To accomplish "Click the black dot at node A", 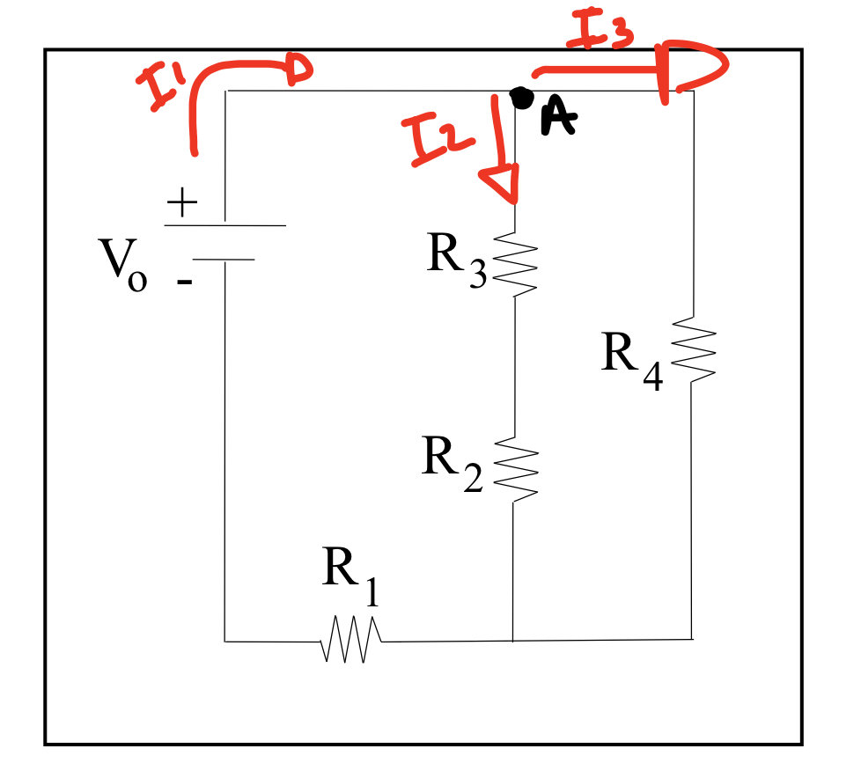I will coord(521,99).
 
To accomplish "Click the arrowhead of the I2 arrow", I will coord(500,186).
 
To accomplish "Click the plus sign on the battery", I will coord(181,204).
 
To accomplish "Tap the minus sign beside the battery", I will coord(184,282).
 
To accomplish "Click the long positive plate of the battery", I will coord(225,225).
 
